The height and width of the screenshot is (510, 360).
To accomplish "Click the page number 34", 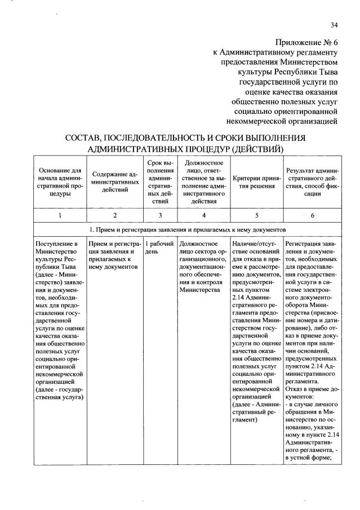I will (334, 24).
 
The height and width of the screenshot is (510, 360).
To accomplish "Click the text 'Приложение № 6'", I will (306, 43).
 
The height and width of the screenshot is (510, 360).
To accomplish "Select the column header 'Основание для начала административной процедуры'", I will (60, 181).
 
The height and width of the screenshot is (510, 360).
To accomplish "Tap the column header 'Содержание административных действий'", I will (115, 181).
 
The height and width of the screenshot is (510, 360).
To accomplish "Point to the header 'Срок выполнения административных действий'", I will (160, 181).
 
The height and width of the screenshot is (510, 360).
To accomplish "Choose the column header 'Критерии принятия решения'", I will (256, 181).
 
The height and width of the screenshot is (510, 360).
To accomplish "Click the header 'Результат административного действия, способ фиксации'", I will (312, 181).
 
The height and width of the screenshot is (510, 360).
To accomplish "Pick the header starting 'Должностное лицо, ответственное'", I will (203, 181).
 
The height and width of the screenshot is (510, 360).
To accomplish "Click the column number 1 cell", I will (60, 215).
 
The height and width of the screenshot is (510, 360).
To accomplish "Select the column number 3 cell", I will (160, 215).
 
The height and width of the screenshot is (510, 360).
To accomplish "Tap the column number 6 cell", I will (312, 215).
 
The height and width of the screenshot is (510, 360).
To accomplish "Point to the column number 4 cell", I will (203, 215).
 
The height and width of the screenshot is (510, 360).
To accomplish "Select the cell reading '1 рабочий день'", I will (159, 247).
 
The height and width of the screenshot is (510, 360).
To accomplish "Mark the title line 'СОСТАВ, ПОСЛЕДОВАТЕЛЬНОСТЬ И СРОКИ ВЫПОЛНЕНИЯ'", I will (185, 138).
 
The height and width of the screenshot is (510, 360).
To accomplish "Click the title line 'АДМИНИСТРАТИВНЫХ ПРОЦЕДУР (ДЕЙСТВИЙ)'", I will (185, 149).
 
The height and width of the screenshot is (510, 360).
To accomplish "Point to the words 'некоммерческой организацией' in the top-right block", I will (289, 120).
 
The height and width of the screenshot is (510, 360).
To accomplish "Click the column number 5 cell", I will (256, 215).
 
